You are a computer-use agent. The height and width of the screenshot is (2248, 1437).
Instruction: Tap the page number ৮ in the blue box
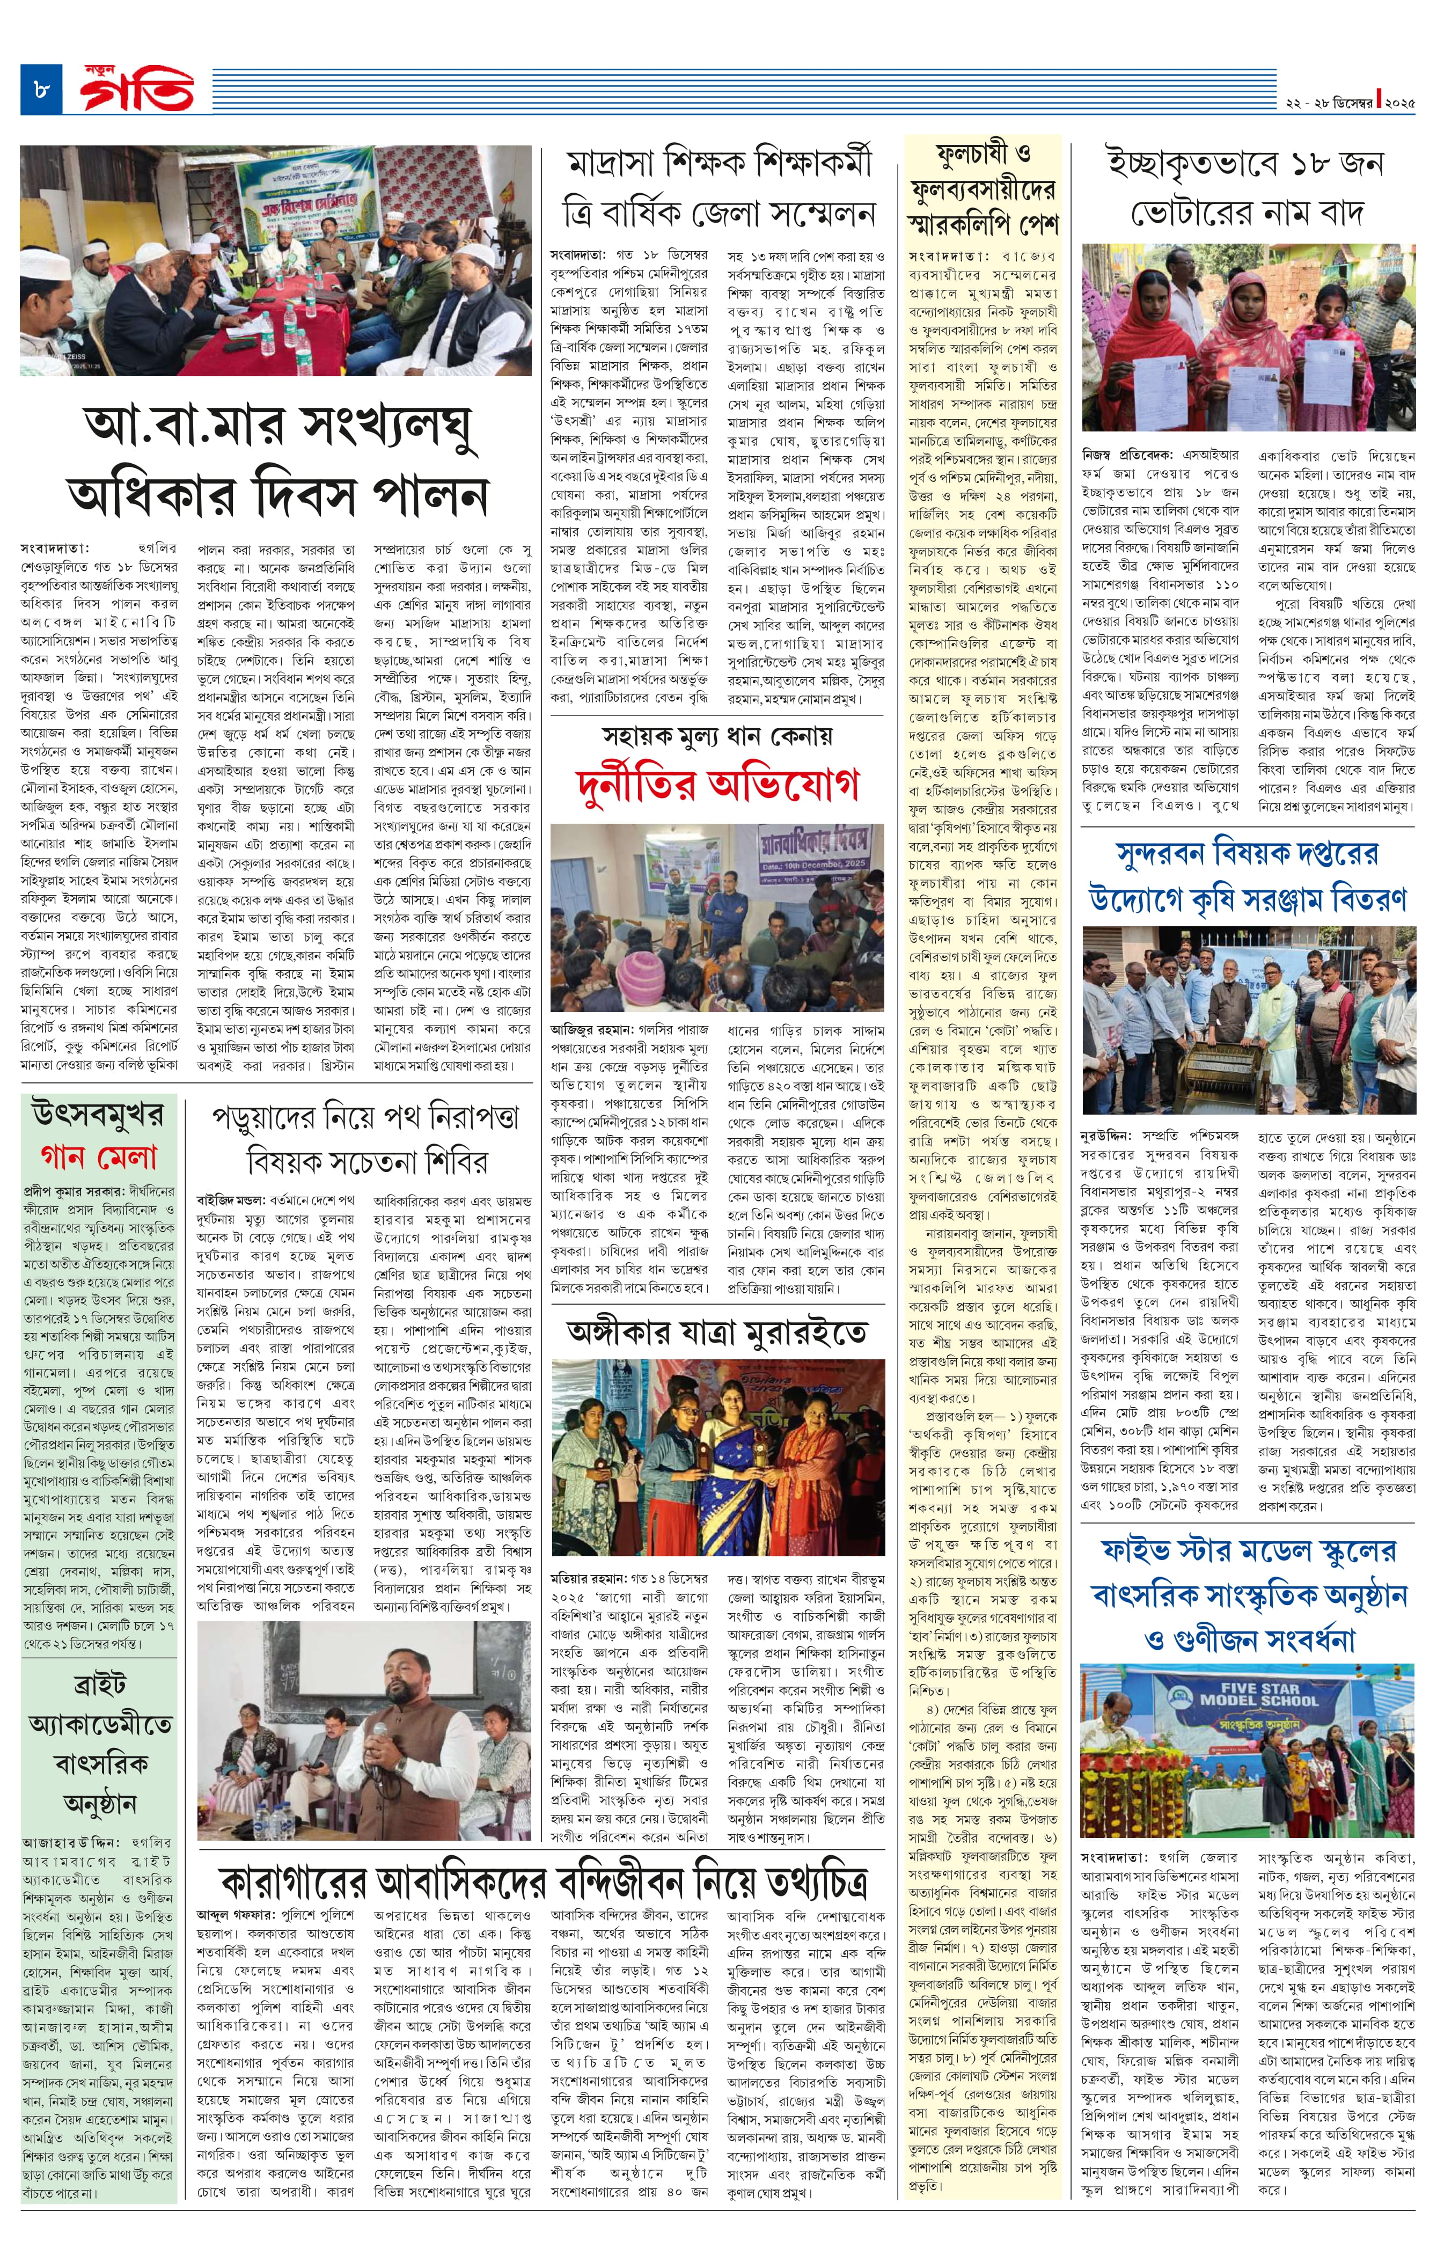(41, 91)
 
